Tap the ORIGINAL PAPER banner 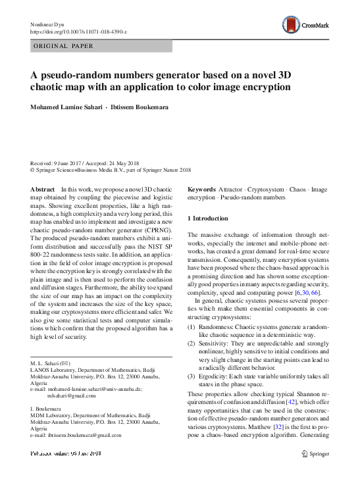coord(63,46)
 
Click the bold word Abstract coord(43,189)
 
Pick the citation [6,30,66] coord(305,292)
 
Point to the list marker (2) coord(192,344)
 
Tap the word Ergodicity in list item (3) coord(215,376)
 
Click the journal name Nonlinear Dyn coord(49,24)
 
